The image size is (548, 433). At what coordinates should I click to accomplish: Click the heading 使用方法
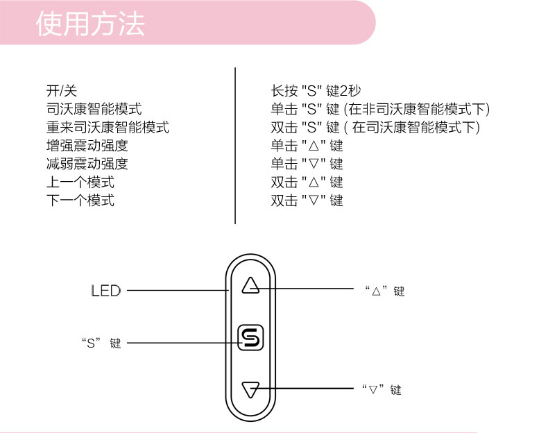click(91, 24)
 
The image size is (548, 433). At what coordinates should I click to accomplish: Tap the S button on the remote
click(250, 338)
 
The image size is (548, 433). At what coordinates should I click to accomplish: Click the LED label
click(106, 291)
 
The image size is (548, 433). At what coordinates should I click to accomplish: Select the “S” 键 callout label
click(101, 343)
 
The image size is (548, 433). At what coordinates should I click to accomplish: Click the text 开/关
click(61, 91)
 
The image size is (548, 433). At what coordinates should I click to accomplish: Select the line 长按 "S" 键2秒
click(316, 91)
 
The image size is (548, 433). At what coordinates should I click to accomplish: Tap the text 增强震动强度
click(87, 146)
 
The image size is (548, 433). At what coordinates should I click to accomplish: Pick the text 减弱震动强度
click(87, 164)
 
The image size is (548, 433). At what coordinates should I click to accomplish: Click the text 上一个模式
click(80, 182)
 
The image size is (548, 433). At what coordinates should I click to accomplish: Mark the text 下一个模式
click(80, 201)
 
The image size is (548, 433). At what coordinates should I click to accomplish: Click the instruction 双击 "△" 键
click(307, 182)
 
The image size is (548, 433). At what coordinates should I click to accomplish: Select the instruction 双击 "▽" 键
click(307, 201)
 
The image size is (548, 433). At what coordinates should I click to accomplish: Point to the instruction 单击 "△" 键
click(307, 146)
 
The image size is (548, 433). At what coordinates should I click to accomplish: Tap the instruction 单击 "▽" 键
click(307, 164)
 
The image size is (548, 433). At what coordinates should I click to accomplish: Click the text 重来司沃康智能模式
click(108, 128)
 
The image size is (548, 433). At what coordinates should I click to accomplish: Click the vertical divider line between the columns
click(236, 146)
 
